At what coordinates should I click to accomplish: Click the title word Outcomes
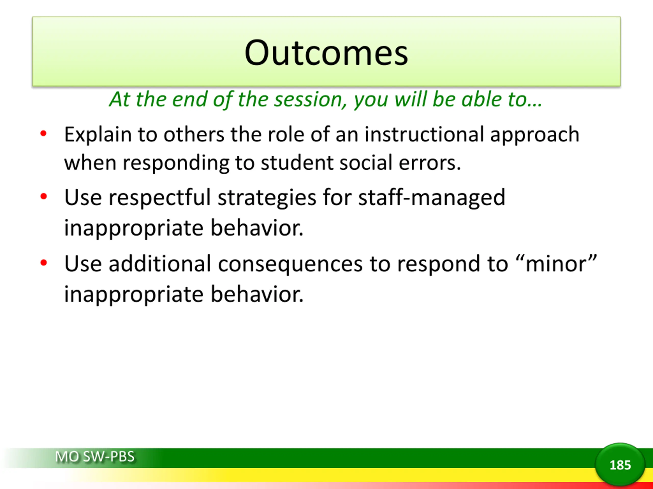326,53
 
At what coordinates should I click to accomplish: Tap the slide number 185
620,465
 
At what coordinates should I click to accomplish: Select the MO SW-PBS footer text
95,457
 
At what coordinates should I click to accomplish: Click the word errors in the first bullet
430,163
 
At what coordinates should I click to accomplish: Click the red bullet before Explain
43,133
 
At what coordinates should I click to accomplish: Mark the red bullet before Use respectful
43,196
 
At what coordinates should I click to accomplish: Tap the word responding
176,163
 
